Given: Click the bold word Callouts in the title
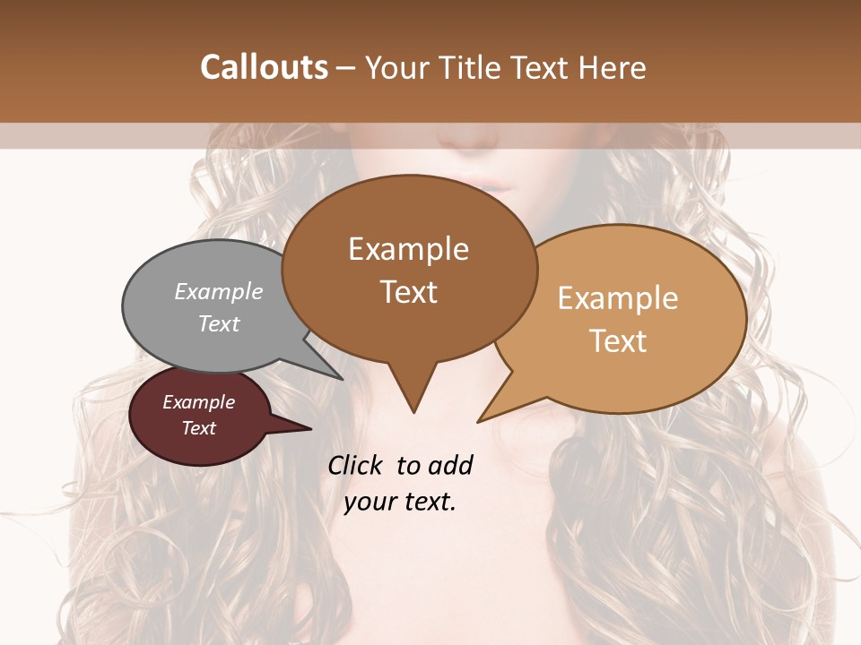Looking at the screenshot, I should pos(264,67).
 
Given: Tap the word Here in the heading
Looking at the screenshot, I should pos(611,67).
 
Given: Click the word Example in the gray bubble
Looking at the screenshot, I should pos(219,291).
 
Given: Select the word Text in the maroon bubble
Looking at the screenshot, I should pos(199,428).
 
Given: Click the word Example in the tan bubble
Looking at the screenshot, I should pos(618,298).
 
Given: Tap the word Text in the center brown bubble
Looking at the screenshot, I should pos(409,292).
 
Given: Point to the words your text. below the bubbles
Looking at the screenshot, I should pos(400,502).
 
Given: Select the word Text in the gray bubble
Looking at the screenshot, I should pos(219,323).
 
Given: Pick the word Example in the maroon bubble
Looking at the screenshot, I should pos(199,402).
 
